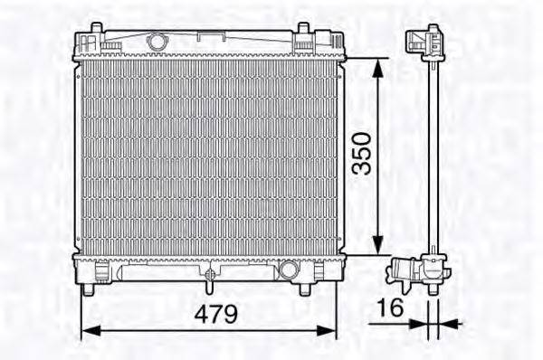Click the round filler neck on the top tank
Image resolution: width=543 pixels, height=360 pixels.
(x=157, y=41)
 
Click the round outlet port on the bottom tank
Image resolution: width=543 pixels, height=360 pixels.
(x=289, y=270)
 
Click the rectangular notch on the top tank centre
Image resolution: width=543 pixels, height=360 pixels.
(x=211, y=37)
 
